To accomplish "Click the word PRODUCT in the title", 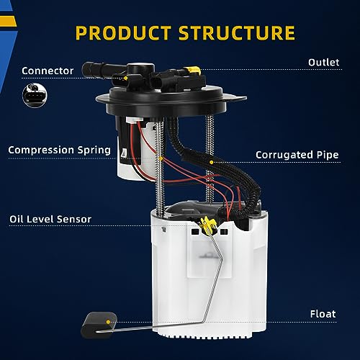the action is point(123,32).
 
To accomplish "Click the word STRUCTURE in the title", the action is point(237,32).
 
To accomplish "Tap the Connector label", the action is point(48,71).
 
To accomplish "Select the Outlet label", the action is point(323,63).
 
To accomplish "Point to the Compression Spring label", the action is point(59,150).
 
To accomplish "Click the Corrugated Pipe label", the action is point(297,155).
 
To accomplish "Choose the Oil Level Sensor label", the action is point(50,219).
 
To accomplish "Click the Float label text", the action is point(323,314).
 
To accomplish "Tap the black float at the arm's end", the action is point(99,325).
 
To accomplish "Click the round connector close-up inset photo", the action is point(35,95).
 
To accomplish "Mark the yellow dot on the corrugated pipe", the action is point(212,162).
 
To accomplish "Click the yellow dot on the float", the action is point(108,322).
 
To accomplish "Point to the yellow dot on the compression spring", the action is point(161,158).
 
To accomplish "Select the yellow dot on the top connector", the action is point(125,78).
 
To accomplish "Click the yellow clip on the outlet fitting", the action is point(192,70).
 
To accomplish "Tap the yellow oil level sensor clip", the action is point(207,225).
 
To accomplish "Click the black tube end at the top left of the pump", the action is point(89,69).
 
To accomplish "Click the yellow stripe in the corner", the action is point(8,22).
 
